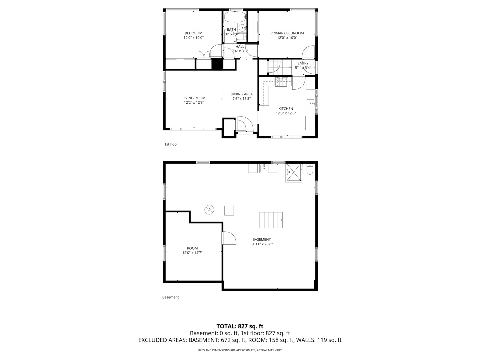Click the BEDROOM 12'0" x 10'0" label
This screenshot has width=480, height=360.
[x=193, y=35]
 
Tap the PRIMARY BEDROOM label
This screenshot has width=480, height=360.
[x=287, y=33]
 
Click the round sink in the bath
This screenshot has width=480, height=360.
[x=242, y=28]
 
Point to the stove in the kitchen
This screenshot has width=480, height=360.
[x=281, y=82]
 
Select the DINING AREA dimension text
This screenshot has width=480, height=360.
[x=241, y=99]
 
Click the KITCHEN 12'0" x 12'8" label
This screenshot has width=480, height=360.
[x=286, y=111]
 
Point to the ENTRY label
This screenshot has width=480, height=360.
[x=303, y=63]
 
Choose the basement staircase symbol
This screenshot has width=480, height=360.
[x=271, y=220]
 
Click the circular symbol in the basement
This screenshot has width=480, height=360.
[x=209, y=210]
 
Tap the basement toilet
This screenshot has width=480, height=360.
[x=310, y=170]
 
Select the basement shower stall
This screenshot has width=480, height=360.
[x=293, y=172]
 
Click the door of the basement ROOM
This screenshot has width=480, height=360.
[x=229, y=238]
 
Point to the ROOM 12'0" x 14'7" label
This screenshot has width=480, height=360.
[x=192, y=250]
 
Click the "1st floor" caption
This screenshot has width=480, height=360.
[x=171, y=144]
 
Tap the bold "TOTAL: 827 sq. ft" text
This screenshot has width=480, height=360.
[x=240, y=326]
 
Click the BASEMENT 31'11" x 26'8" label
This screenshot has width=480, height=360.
[x=261, y=242]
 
